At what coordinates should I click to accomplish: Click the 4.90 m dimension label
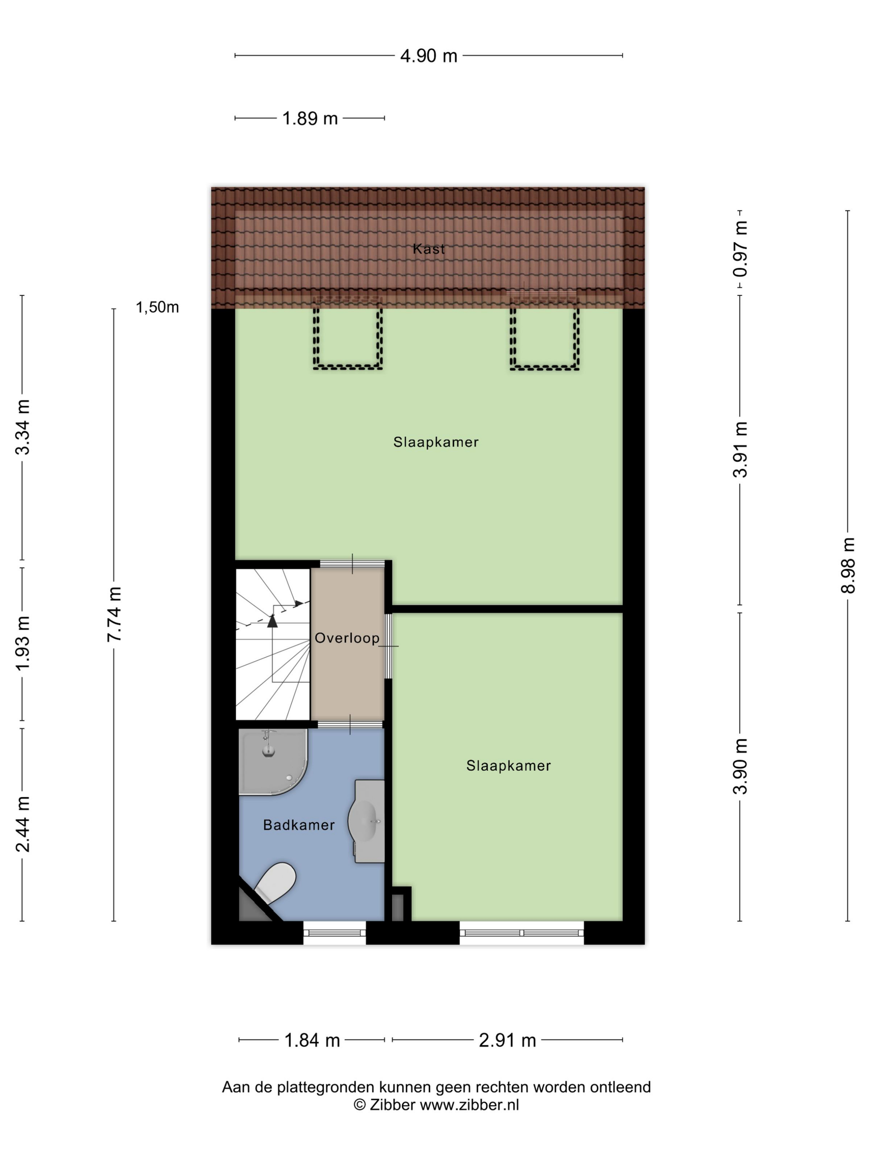coord(428,55)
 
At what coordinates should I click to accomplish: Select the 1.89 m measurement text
coord(310,118)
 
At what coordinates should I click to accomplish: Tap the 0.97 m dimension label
coord(740,249)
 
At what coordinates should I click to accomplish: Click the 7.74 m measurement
coord(114,614)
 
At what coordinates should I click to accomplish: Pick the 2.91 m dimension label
coord(507,1040)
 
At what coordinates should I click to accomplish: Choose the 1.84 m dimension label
coord(312,1040)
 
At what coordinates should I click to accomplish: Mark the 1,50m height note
coord(157,307)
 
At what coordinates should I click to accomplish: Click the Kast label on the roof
coord(428,249)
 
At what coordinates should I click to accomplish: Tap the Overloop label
coord(347,638)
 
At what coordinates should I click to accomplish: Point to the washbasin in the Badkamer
coord(367,821)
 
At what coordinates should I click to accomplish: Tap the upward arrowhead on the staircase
coord(272,621)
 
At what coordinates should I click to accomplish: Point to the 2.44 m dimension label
coord(22,824)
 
